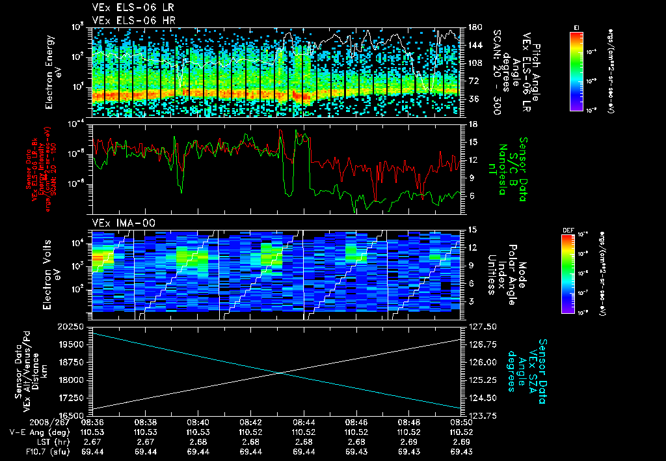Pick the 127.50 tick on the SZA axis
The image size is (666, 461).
(479, 326)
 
